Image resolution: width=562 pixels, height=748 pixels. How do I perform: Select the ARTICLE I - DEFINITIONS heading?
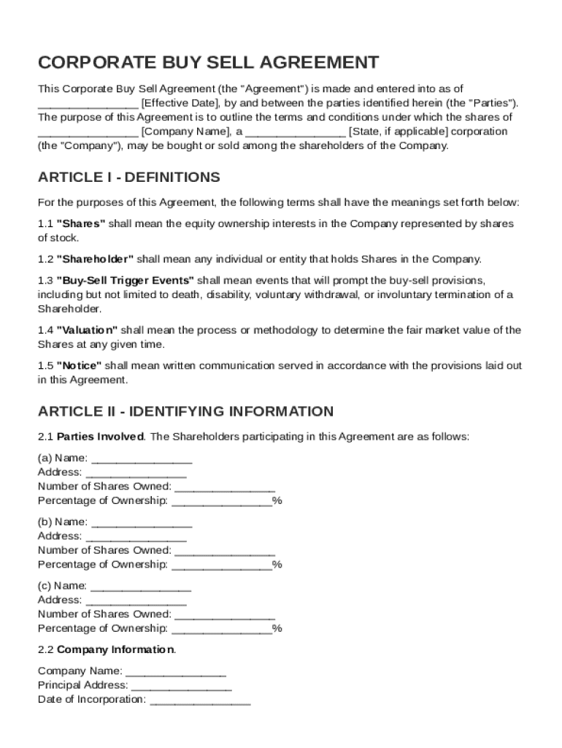point(128,178)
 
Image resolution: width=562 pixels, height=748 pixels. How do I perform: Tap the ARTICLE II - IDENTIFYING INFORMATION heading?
point(185,411)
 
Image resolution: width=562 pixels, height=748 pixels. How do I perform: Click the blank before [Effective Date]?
point(88,103)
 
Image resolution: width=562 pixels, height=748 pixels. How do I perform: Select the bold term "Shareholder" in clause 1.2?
point(96,259)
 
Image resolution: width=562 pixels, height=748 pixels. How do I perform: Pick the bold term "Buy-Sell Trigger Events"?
point(126,280)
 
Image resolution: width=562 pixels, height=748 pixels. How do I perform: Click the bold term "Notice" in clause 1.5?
point(80,365)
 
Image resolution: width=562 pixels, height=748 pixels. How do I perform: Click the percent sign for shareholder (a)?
point(277,501)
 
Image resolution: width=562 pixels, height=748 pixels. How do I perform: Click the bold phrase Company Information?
point(115,649)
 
